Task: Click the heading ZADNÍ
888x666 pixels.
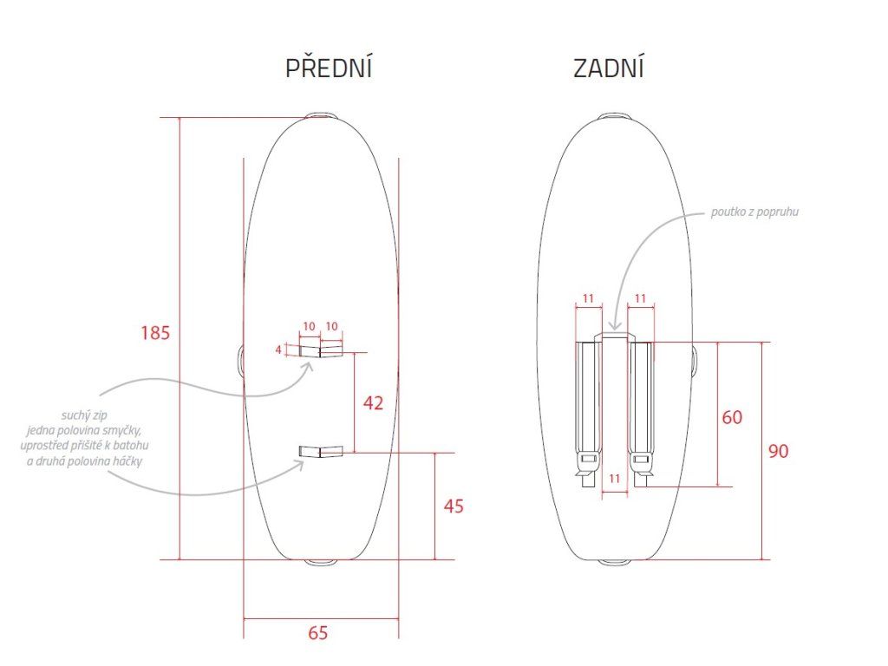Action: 609,68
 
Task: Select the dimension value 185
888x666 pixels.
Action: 155,332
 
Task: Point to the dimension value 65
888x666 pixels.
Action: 318,632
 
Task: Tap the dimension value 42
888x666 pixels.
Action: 373,402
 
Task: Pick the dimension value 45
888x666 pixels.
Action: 454,506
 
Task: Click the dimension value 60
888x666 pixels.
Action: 732,417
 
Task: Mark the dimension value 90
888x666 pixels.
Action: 778,451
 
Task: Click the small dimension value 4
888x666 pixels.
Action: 278,350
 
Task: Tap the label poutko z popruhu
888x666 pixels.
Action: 754,212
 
